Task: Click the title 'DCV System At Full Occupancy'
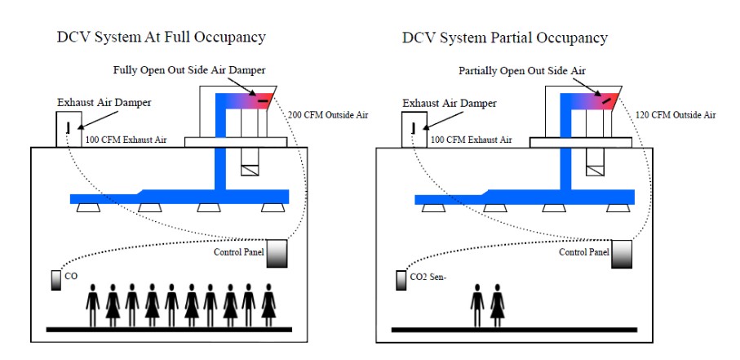(x=162, y=38)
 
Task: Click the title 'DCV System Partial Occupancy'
(x=505, y=38)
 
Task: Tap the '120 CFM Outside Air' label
(x=676, y=115)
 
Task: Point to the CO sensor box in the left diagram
(x=57, y=278)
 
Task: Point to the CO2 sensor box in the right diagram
(x=401, y=279)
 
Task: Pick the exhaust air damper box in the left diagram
(x=67, y=129)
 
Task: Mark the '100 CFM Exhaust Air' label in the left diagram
(x=126, y=140)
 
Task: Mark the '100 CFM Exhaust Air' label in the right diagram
(x=471, y=140)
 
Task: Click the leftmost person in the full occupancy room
(x=93, y=302)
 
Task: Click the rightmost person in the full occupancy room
(x=268, y=302)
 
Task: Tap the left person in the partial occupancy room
(x=478, y=302)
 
